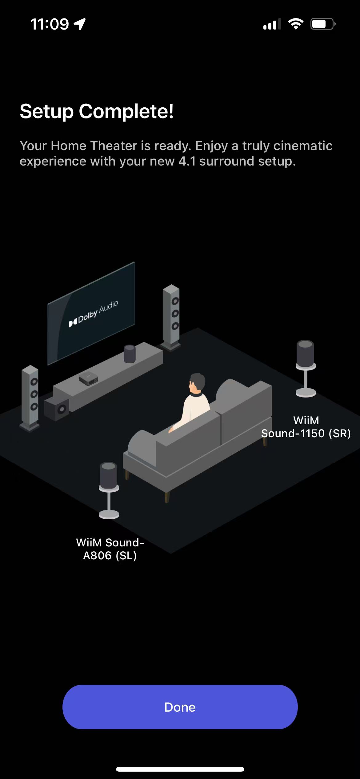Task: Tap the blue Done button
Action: coord(180,707)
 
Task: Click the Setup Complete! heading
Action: coord(97,111)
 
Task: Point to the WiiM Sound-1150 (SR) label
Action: coord(306,427)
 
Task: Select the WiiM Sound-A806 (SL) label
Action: coord(110,549)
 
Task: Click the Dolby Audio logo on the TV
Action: coord(93,314)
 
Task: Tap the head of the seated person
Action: coord(197,383)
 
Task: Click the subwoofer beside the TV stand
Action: coord(57,409)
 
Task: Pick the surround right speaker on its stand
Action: coord(305,368)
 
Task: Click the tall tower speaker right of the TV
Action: coord(171,317)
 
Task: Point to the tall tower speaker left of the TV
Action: coord(30,397)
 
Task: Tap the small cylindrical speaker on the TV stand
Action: coord(130,354)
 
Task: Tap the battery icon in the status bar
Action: coord(322,24)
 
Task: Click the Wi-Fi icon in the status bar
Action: coord(296,24)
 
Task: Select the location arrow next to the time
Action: coord(80,24)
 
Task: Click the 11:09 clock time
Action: coord(50,24)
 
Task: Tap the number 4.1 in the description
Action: coord(187,161)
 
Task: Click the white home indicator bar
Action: coord(180,769)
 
